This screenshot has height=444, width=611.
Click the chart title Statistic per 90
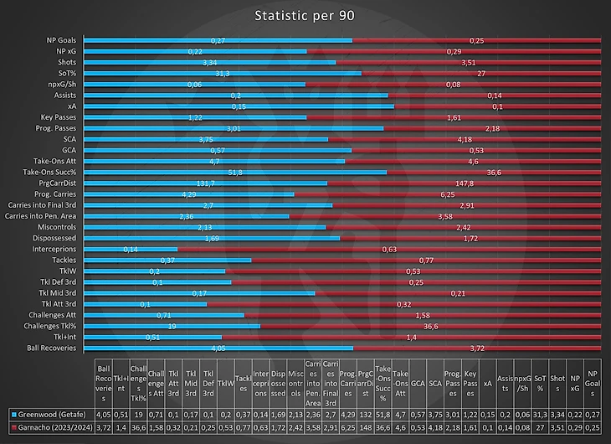coord(305,16)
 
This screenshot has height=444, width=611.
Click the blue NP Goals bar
coord(218,40)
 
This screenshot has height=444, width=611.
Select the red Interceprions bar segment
coord(389,249)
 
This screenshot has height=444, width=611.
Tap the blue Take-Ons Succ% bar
coord(235,172)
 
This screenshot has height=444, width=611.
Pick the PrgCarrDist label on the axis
coord(57,183)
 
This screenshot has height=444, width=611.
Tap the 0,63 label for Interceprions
coord(390,249)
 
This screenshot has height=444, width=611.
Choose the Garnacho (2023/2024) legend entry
coord(52,427)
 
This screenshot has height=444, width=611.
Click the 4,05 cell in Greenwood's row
coord(103,413)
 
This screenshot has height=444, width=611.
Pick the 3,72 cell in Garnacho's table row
coord(103,427)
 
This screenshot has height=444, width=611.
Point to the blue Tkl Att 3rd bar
coord(146,303)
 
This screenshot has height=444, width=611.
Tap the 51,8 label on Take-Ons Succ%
coord(235,172)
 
